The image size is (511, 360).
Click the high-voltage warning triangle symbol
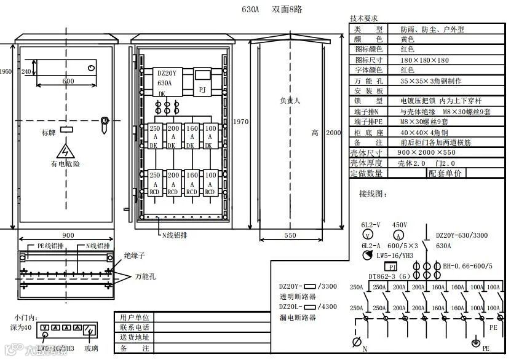[65, 151]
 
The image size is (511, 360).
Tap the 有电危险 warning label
[65, 164]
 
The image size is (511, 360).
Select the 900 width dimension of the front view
[68, 235]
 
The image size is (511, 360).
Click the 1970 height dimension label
[241, 122]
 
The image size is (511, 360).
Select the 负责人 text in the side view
[290, 100]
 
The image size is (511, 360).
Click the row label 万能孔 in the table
[368, 80]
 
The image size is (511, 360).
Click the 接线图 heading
[374, 194]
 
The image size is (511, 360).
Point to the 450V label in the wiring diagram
[400, 225]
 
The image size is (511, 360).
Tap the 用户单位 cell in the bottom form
[135, 318]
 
